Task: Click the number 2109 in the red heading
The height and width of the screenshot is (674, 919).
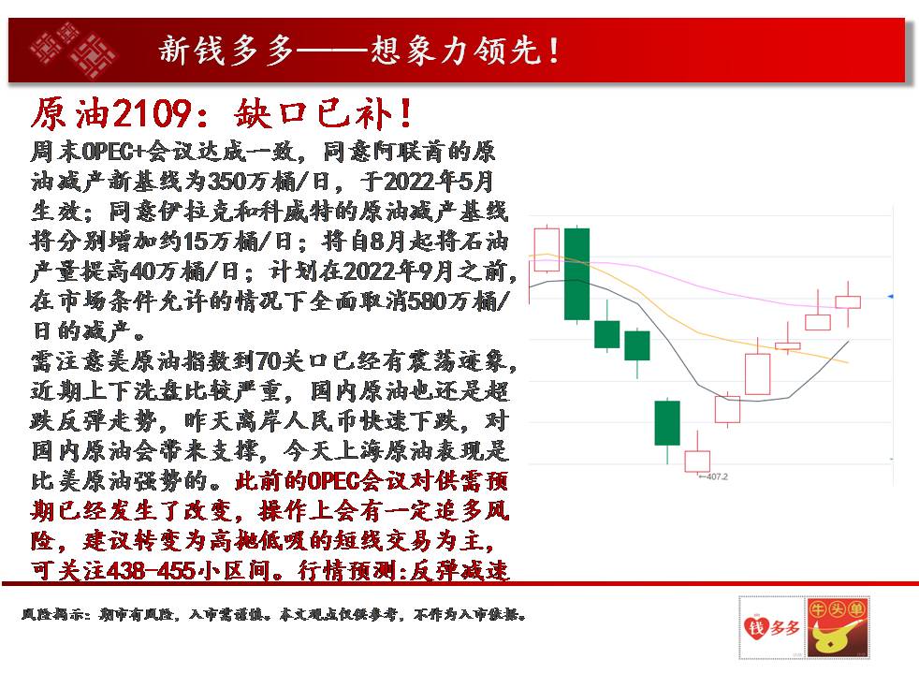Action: point(152,113)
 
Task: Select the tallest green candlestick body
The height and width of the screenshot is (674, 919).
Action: point(576,274)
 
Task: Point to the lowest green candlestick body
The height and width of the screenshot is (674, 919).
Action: point(667,423)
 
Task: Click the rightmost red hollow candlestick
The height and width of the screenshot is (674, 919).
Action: point(848,302)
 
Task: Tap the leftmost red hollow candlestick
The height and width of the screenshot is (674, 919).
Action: point(547,250)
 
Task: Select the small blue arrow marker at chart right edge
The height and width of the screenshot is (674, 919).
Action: point(890,297)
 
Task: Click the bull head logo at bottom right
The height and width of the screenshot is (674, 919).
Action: point(836,627)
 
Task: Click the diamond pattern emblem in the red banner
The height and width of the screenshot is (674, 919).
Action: point(73,51)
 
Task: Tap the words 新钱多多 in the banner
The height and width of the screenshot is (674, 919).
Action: point(226,51)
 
